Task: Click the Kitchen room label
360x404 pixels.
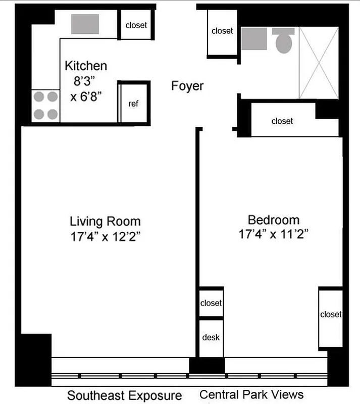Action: (86, 66)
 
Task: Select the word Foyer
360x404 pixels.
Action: (187, 86)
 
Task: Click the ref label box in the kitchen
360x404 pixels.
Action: (134, 104)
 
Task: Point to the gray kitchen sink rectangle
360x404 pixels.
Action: (85, 24)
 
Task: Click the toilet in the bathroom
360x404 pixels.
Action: (283, 40)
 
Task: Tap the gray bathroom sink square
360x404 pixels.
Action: (254, 39)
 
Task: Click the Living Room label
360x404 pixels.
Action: (105, 221)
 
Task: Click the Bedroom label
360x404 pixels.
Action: (273, 220)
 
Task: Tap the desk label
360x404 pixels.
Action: (211, 337)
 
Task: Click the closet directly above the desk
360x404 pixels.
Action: (211, 303)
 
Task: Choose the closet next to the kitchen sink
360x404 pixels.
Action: (136, 25)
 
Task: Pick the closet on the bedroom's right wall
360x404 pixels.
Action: (331, 315)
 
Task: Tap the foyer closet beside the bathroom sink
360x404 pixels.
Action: (222, 31)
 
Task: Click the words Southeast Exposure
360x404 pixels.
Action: (124, 394)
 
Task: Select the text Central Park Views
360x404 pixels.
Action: (251, 394)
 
